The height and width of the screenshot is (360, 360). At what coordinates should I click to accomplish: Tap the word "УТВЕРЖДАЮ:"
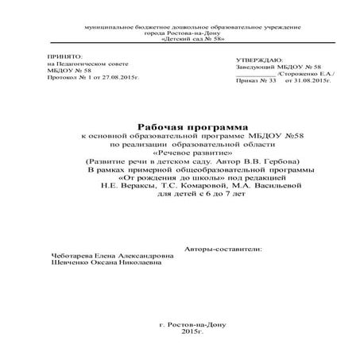[x=260, y=60]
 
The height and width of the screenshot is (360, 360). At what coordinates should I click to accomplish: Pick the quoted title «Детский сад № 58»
[x=182, y=38]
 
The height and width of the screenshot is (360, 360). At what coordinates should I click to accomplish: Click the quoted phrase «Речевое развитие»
[x=181, y=153]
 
